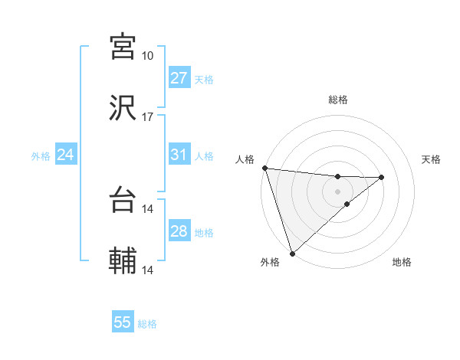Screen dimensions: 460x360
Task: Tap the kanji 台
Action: (123, 199)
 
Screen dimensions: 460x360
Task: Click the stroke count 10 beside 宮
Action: (148, 56)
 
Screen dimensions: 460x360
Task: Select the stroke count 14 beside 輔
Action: (148, 270)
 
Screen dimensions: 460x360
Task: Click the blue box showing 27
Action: (179, 78)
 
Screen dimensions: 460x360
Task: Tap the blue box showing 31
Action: (179, 155)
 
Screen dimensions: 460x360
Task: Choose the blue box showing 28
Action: (179, 231)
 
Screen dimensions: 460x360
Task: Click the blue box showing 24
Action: (65, 155)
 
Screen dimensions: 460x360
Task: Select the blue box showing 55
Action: (123, 322)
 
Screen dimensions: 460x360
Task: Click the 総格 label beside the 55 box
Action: (147, 324)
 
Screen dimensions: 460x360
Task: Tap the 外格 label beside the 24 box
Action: (41, 156)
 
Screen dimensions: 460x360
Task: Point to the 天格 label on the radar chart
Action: (432, 159)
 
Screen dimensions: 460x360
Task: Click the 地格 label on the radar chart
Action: (402, 262)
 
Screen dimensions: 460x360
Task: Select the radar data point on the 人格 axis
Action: (264, 168)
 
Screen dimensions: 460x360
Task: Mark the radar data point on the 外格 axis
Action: (291, 253)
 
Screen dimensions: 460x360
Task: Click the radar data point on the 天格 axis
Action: (382, 177)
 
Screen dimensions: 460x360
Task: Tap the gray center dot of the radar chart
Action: (337, 191)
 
